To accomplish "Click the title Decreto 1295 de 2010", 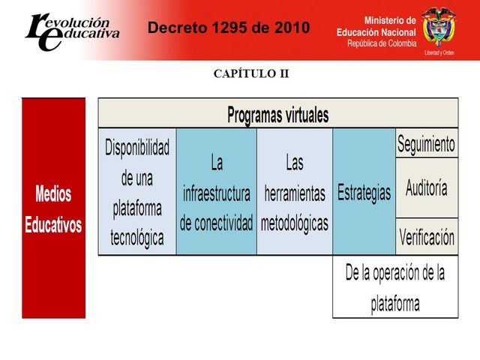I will pyautogui.click(x=227, y=28).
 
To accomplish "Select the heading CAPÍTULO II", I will pyautogui.click(x=240, y=73).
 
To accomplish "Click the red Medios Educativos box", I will pyautogui.click(x=53, y=208).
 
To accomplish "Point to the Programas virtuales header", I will pyautogui.click(x=277, y=115).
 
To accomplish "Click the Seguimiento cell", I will pyautogui.click(x=426, y=142).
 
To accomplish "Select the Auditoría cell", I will pyautogui.click(x=426, y=187).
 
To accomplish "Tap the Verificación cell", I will pyautogui.click(x=426, y=238).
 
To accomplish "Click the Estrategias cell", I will pyautogui.click(x=364, y=192).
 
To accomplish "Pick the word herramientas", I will pyautogui.click(x=294, y=193).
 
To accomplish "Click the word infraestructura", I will pyautogui.click(x=217, y=193).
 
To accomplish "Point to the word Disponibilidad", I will pyautogui.click(x=137, y=147).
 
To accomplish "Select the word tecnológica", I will pyautogui.click(x=137, y=238).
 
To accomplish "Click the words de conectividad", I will pyautogui.click(x=217, y=223).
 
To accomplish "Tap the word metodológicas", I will pyautogui.click(x=294, y=223).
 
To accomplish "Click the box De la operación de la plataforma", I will pyautogui.click(x=394, y=288).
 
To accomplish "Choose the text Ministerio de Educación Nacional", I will pyautogui.click(x=376, y=27).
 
